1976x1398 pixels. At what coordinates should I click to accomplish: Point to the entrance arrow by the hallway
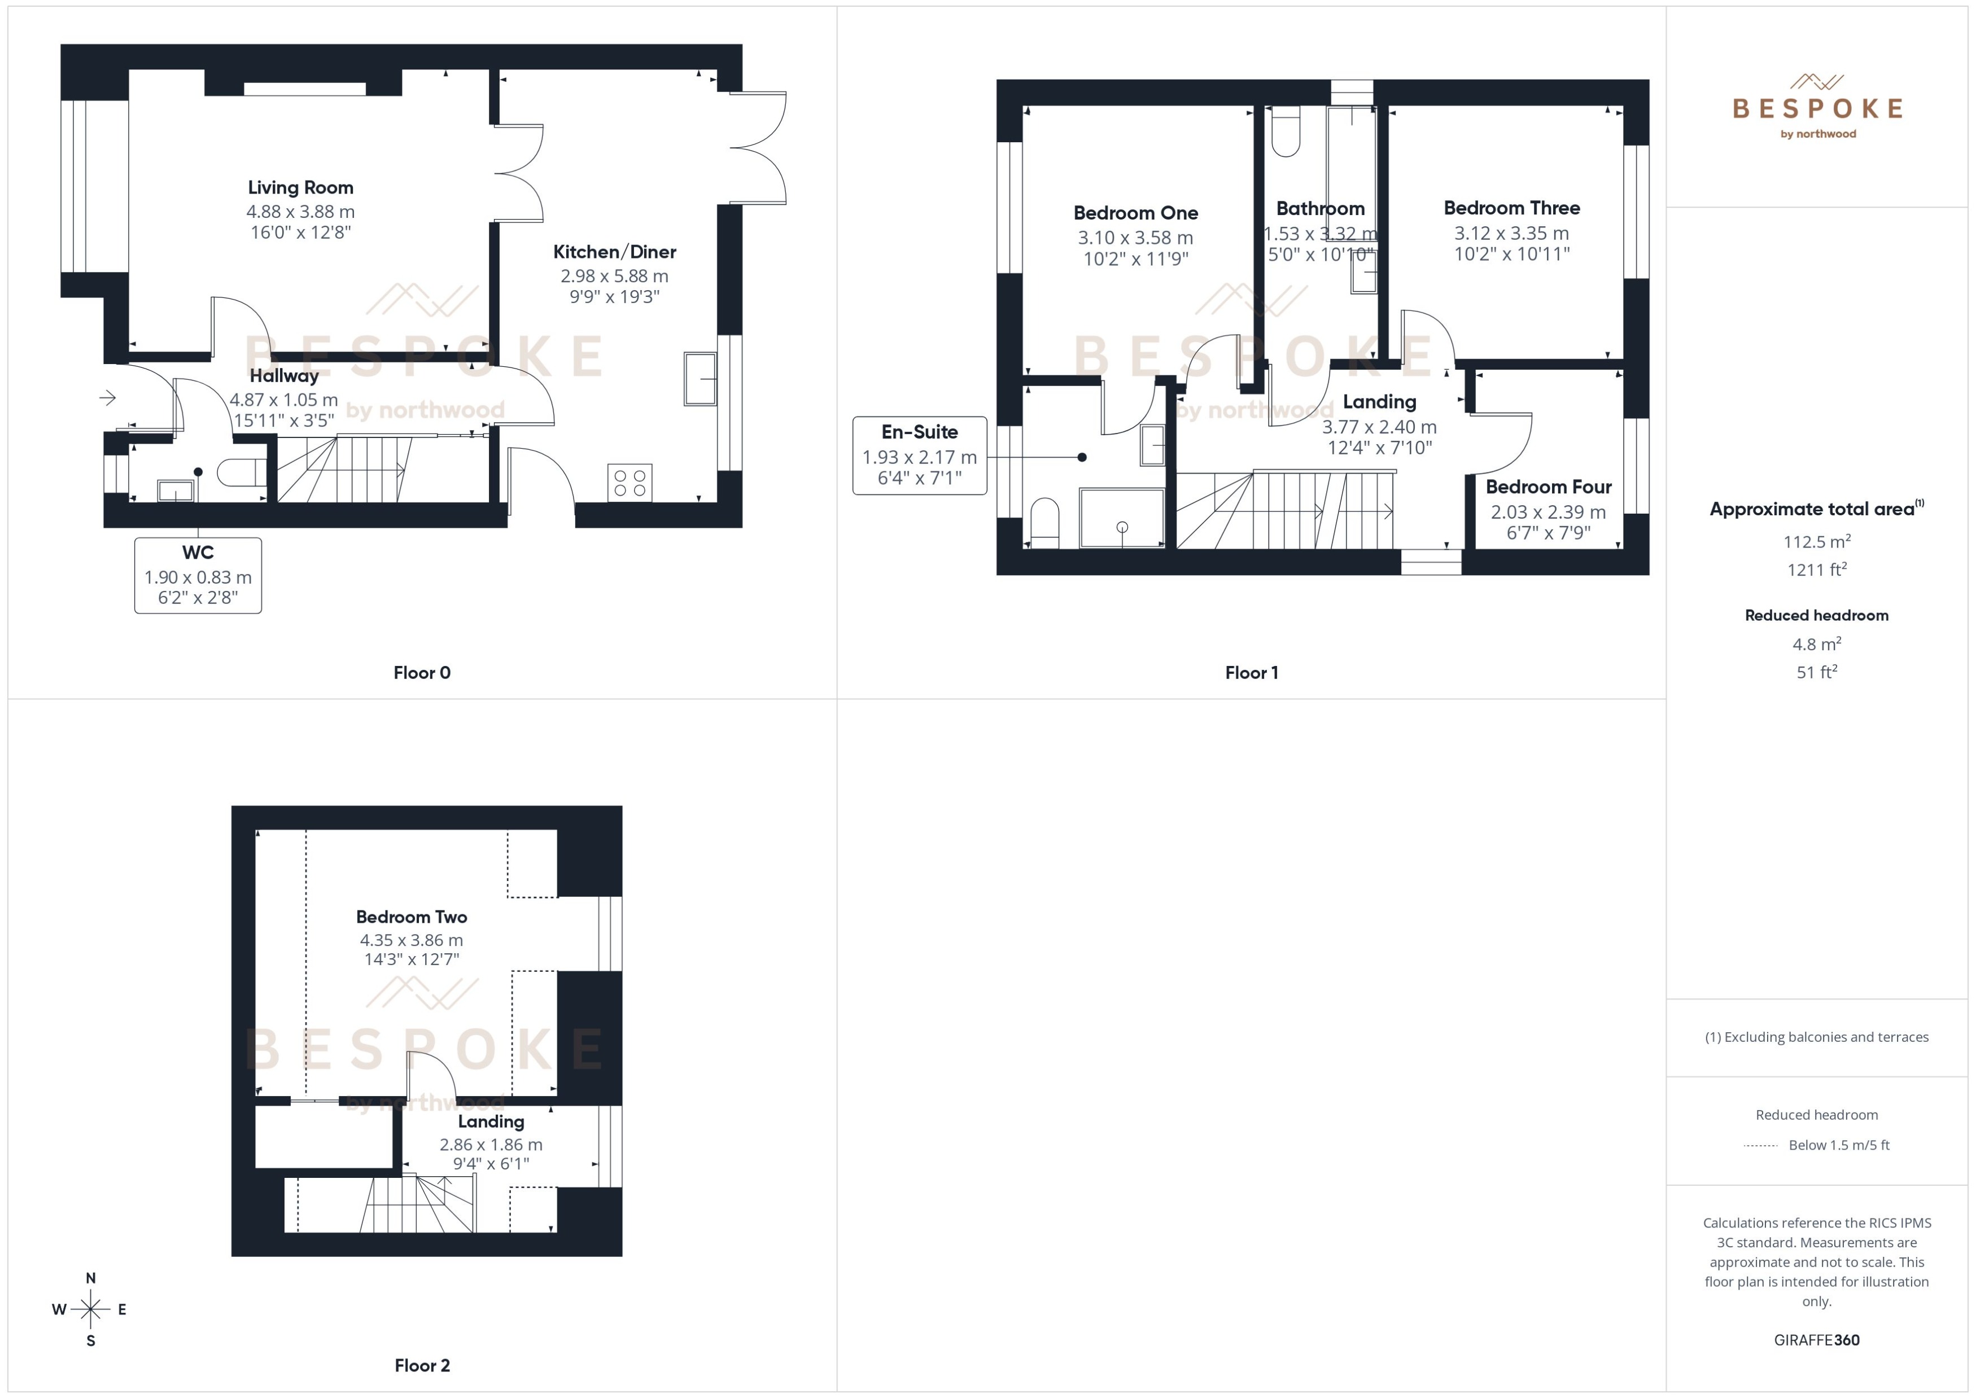(108, 398)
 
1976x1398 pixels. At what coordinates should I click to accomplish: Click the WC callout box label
(198, 553)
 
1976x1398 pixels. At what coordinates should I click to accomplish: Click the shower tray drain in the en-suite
(1122, 527)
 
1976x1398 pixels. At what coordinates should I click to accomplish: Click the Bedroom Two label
(412, 917)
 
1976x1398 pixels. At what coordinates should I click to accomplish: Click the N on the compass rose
(90, 1278)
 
